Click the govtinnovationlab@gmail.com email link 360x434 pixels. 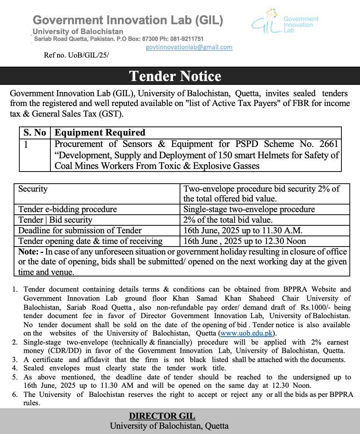(x=189, y=47)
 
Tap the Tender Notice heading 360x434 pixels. (x=175, y=76)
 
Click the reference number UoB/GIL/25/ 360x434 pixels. (x=76, y=55)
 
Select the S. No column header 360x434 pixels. (x=34, y=133)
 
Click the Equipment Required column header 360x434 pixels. (x=100, y=133)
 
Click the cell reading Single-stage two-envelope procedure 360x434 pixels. (x=249, y=209)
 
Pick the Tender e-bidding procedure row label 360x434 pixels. (x=67, y=209)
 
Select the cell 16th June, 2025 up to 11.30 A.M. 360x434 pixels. (x=243, y=230)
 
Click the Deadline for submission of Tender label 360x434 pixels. (x=80, y=230)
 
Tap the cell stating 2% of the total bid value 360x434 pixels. (x=228, y=220)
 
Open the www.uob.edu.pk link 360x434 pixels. (x=246, y=333)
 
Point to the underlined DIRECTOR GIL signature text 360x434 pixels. (x=162, y=416)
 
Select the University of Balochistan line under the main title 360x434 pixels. (x=78, y=32)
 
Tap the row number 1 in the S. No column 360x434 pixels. (x=26, y=144)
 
